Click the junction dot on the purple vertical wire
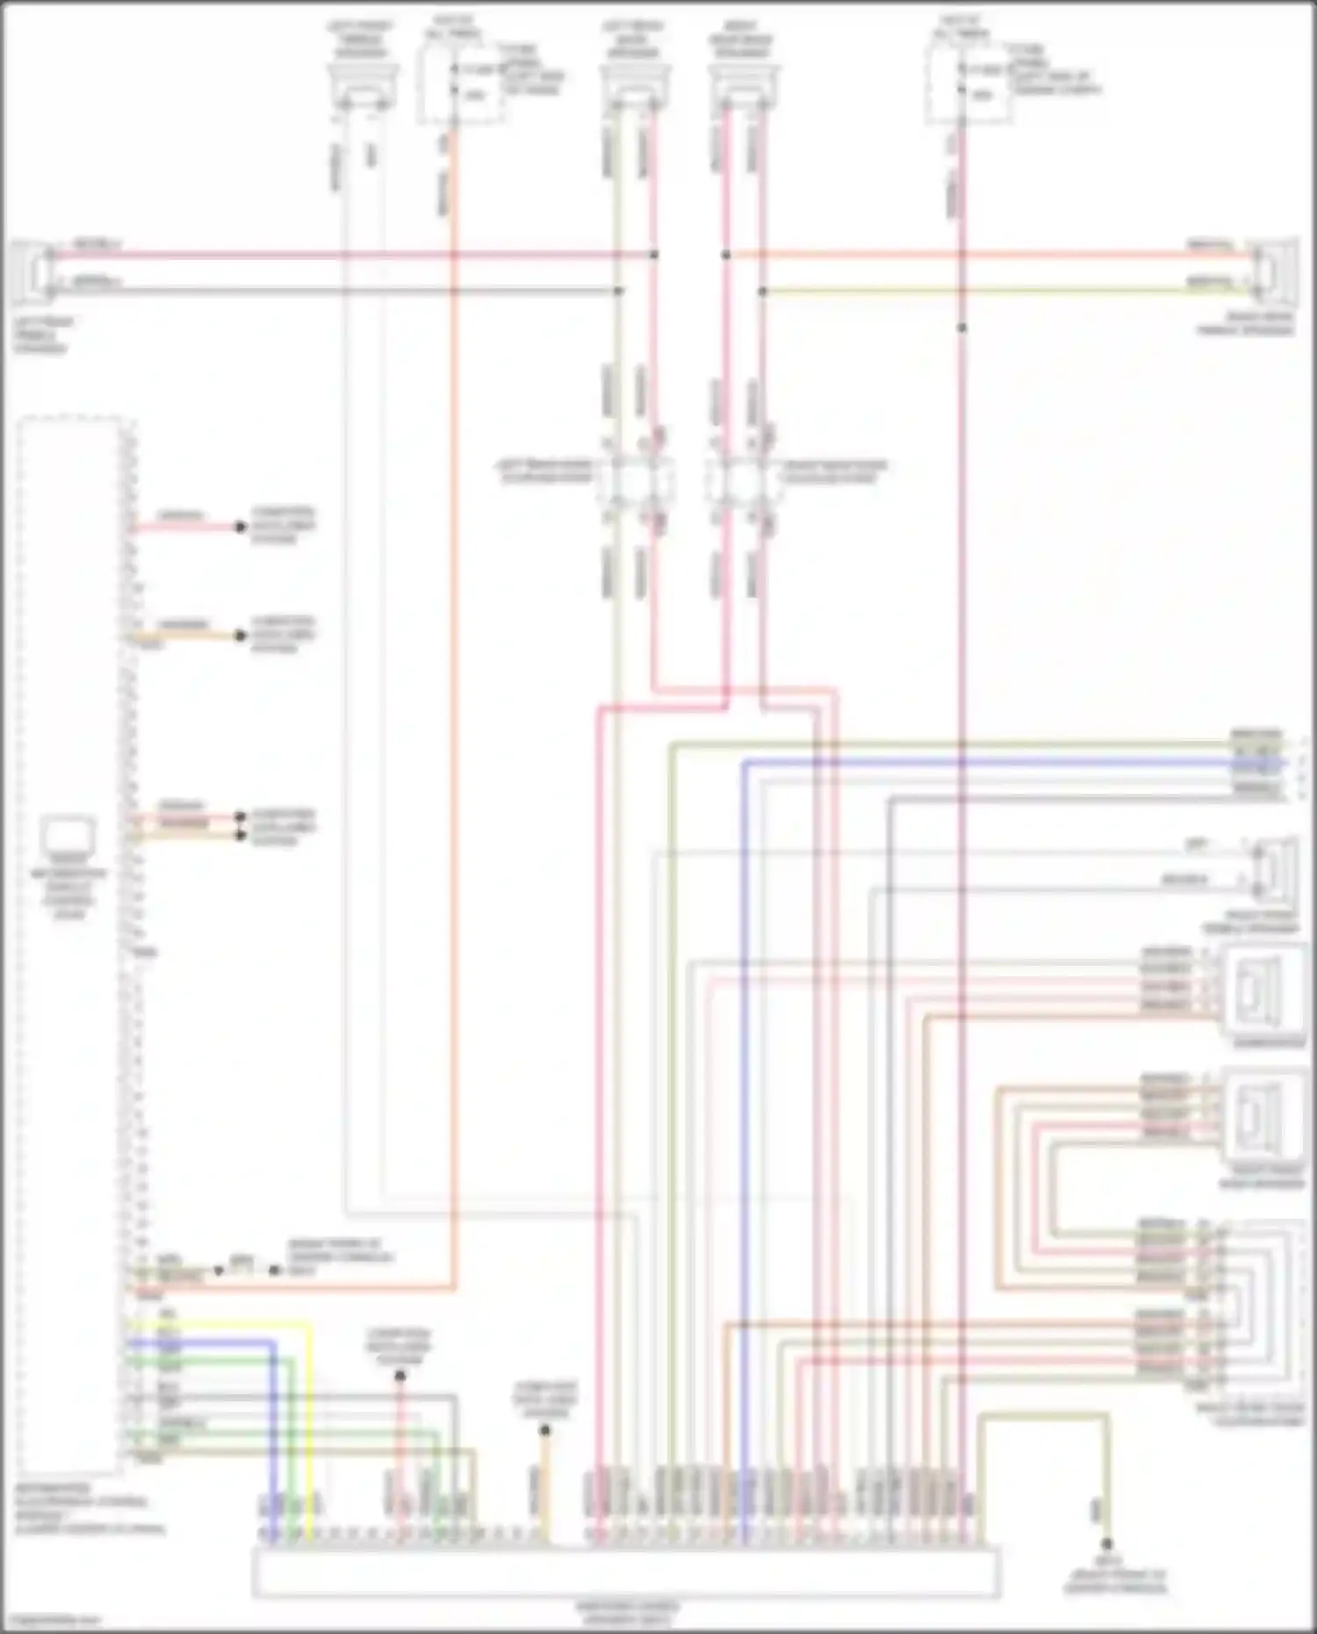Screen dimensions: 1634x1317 (x=961, y=328)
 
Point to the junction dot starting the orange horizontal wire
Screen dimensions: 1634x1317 (x=726, y=255)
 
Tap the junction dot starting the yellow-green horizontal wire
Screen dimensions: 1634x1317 (x=762, y=291)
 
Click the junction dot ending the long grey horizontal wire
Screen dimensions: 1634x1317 (x=618, y=291)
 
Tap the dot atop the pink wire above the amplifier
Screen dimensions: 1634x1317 (x=399, y=1376)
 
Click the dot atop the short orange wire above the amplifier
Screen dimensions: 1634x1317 (x=544, y=1430)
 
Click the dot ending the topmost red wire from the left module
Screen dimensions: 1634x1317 (x=240, y=527)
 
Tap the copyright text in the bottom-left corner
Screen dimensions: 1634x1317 (x=53, y=1620)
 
